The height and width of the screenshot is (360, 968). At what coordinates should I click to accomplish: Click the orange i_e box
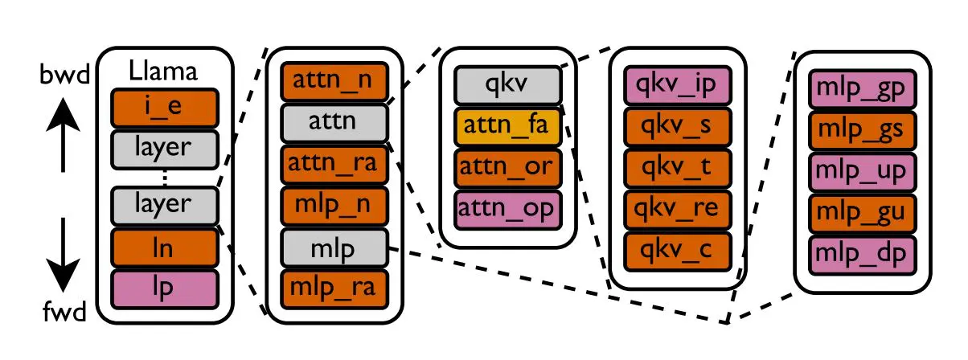click(164, 107)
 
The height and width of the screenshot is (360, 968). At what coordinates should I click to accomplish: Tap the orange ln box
click(164, 247)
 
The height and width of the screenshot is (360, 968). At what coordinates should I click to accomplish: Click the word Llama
click(164, 72)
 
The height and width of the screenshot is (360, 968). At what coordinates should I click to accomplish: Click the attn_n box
click(334, 82)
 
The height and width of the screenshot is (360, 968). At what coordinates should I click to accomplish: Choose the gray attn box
click(334, 123)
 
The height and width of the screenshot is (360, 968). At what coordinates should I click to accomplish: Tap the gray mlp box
click(334, 247)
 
